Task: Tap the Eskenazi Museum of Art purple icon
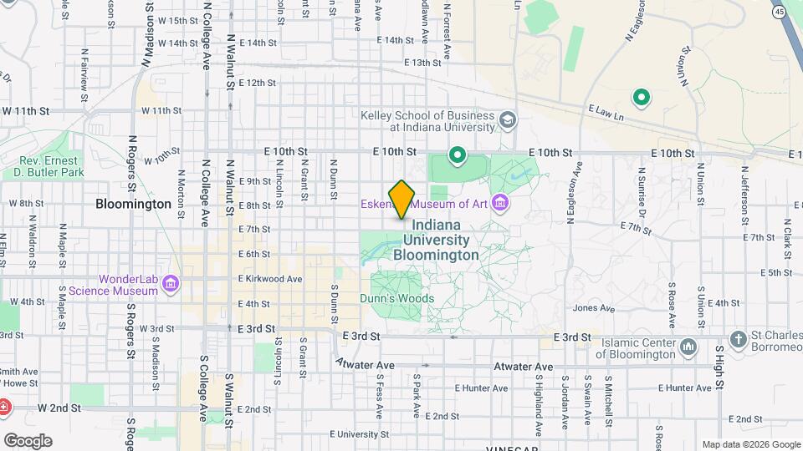(500, 203)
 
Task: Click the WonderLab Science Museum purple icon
(171, 284)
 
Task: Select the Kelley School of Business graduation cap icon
(507, 120)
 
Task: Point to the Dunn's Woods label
(397, 298)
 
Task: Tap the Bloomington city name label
(133, 203)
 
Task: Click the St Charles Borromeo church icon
(738, 339)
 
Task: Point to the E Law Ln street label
(606, 109)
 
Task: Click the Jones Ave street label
(593, 308)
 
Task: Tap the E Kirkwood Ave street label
(270, 278)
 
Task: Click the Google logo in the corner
(28, 440)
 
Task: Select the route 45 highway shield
(780, 12)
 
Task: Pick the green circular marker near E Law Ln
(642, 98)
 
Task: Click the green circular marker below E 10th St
(458, 155)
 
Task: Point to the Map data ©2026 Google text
(750, 444)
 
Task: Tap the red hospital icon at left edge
(3, 407)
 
